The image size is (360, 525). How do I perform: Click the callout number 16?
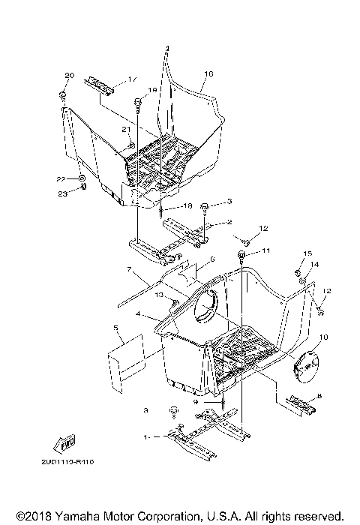point(208,73)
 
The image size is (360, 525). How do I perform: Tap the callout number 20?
point(70,76)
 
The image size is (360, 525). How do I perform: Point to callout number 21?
point(125,130)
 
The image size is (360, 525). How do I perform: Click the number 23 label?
point(64,193)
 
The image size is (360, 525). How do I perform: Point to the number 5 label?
point(116,328)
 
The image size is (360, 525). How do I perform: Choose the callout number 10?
point(323,338)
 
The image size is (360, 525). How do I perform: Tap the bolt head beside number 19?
point(138,102)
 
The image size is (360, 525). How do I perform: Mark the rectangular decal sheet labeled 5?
point(122,364)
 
